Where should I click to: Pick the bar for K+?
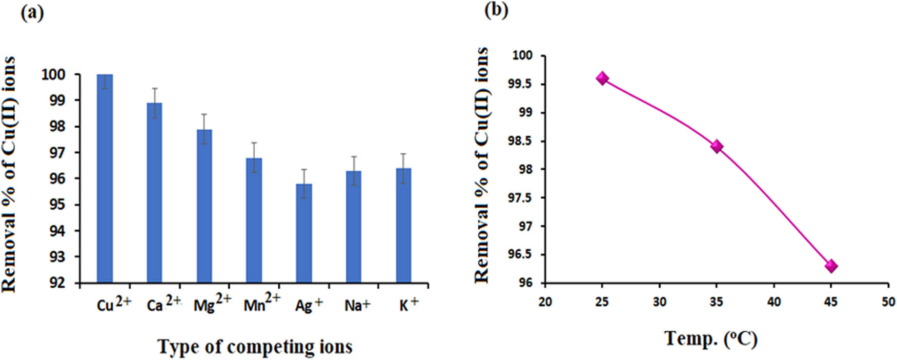(x=403, y=226)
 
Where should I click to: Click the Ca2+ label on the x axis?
(x=164, y=304)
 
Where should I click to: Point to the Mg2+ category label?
(x=212, y=304)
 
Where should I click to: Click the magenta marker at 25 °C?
(x=602, y=78)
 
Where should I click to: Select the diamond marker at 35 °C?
(x=717, y=147)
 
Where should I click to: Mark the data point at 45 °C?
(x=831, y=266)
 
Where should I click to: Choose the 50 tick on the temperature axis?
(x=888, y=302)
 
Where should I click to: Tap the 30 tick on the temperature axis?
(x=660, y=302)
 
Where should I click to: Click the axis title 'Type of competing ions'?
(x=255, y=347)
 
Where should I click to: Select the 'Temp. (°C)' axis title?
(x=711, y=339)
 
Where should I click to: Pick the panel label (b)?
(x=496, y=11)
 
